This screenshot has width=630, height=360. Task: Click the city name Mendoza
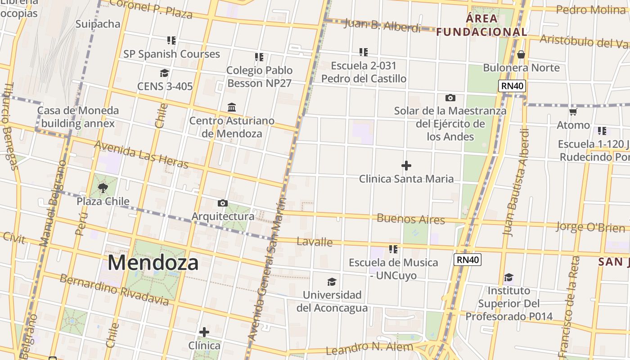pos(153,262)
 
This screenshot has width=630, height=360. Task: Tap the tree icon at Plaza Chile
pos(103,188)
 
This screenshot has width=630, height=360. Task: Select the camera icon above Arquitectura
pos(222,203)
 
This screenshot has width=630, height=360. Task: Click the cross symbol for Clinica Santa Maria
pos(406,166)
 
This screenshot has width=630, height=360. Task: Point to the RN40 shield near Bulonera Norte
pos(512,86)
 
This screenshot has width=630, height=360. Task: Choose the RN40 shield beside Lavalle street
pos(468,260)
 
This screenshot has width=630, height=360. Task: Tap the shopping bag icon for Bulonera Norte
pos(521,54)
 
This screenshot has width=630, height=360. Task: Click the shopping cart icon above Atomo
pos(573,112)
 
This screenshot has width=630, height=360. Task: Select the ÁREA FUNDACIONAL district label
pos(481,25)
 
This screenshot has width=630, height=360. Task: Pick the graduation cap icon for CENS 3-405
pos(164,73)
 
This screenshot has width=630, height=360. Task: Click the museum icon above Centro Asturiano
pos(232,107)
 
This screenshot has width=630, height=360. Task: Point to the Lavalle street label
pos(315,242)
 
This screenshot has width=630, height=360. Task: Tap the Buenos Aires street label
pos(411,219)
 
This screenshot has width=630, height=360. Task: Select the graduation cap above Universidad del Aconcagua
pos(332,282)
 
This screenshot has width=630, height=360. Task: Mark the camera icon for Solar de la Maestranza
pos(450,98)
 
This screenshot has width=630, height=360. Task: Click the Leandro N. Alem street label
pos(369,348)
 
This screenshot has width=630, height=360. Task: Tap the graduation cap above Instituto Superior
pos(508,277)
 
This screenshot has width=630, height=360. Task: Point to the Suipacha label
pos(98,24)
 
